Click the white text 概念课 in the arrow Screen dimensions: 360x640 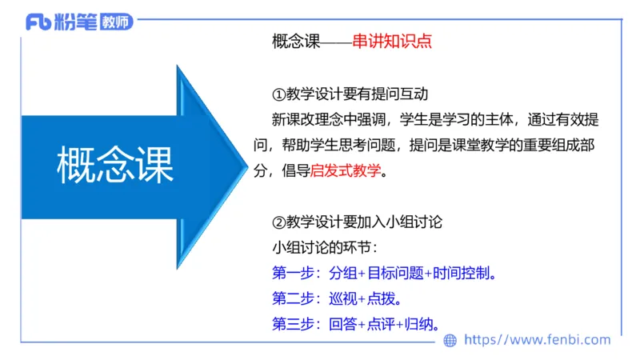coord(116,166)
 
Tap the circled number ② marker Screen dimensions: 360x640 coord(279,222)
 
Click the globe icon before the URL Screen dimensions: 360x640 coord(450,340)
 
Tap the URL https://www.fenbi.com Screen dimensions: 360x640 coord(538,340)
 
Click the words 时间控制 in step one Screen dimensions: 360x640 coord(461,274)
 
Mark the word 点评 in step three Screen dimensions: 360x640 coord(380,324)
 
